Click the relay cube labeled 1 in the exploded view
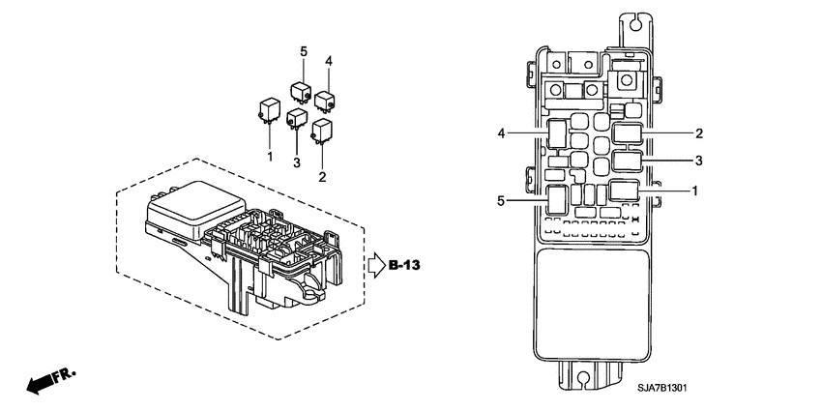(x=267, y=109)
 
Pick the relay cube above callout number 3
(x=297, y=121)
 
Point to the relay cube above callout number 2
(x=322, y=130)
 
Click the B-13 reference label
(x=405, y=265)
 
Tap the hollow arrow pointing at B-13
(x=375, y=265)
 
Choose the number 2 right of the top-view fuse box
(x=698, y=132)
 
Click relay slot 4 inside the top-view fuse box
(x=557, y=132)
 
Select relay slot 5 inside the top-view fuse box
(x=557, y=198)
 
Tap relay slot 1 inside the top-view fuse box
(x=625, y=191)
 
